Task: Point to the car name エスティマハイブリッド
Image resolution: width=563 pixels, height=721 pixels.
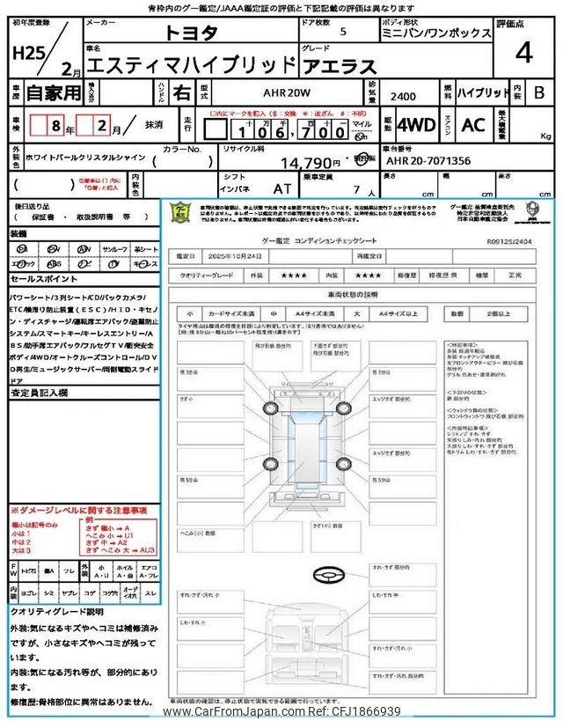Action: (194, 64)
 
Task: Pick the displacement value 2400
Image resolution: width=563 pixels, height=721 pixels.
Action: (405, 98)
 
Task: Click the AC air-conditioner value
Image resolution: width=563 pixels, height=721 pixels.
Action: (473, 125)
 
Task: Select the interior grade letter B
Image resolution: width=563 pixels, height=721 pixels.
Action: (538, 92)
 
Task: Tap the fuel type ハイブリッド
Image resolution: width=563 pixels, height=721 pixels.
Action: (484, 92)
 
